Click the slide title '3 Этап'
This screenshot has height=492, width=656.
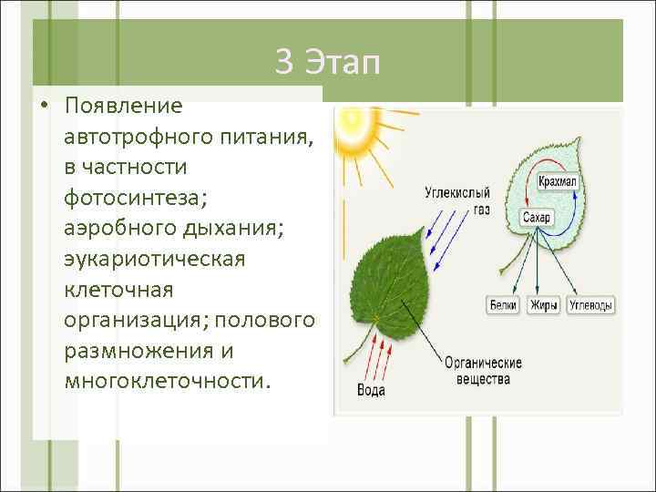pyautogui.click(x=327, y=63)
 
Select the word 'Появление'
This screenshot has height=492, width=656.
pyautogui.click(x=123, y=106)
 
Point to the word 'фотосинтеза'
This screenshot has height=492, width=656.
pyautogui.click(x=124, y=198)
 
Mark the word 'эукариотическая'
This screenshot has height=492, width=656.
pyautogui.click(x=154, y=259)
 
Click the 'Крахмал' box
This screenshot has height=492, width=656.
pyautogui.click(x=558, y=182)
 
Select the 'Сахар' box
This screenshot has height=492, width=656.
pyautogui.click(x=537, y=218)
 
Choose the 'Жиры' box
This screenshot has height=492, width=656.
pyautogui.click(x=544, y=305)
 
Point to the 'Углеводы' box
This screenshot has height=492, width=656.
pyautogui.click(x=590, y=305)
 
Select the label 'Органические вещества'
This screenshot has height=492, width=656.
pyautogui.click(x=483, y=371)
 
